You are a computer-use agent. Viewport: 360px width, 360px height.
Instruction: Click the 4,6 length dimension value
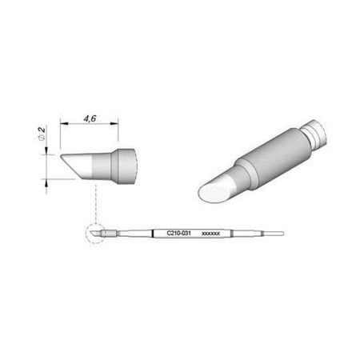pos(90,118)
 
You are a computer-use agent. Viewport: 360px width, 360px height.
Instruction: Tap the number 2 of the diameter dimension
pos(42,130)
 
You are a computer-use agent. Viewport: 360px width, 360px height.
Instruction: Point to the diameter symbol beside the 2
pos(42,137)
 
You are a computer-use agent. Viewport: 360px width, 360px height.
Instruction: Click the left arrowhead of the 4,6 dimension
pos(65,123)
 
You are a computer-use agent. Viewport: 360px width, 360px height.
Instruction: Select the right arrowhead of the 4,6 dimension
pos(114,123)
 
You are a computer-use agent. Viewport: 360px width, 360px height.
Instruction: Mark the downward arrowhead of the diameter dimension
pos(46,150)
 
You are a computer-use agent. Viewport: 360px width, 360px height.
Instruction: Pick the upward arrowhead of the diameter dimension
pos(46,183)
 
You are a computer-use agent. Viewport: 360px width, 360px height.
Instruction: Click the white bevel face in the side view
pos(78,166)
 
